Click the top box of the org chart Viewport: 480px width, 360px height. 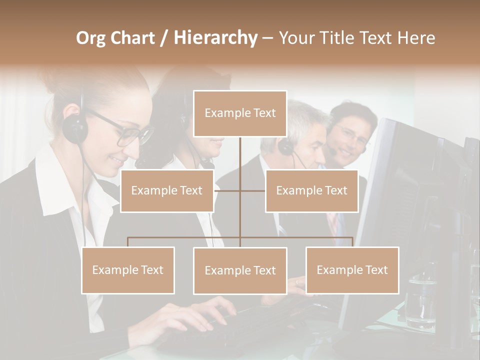coord(240,113)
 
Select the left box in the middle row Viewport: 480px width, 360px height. coord(167,191)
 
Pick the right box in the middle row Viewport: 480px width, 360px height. coord(311,191)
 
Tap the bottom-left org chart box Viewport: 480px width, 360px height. coord(128,270)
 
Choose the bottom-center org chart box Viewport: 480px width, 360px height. coord(240,270)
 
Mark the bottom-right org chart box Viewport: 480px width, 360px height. coord(352,270)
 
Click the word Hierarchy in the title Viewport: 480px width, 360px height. coord(215,38)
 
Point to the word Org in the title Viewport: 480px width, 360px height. coord(90,38)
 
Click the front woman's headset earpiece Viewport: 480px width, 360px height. coord(75,127)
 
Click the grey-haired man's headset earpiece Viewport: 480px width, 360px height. coord(286,146)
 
